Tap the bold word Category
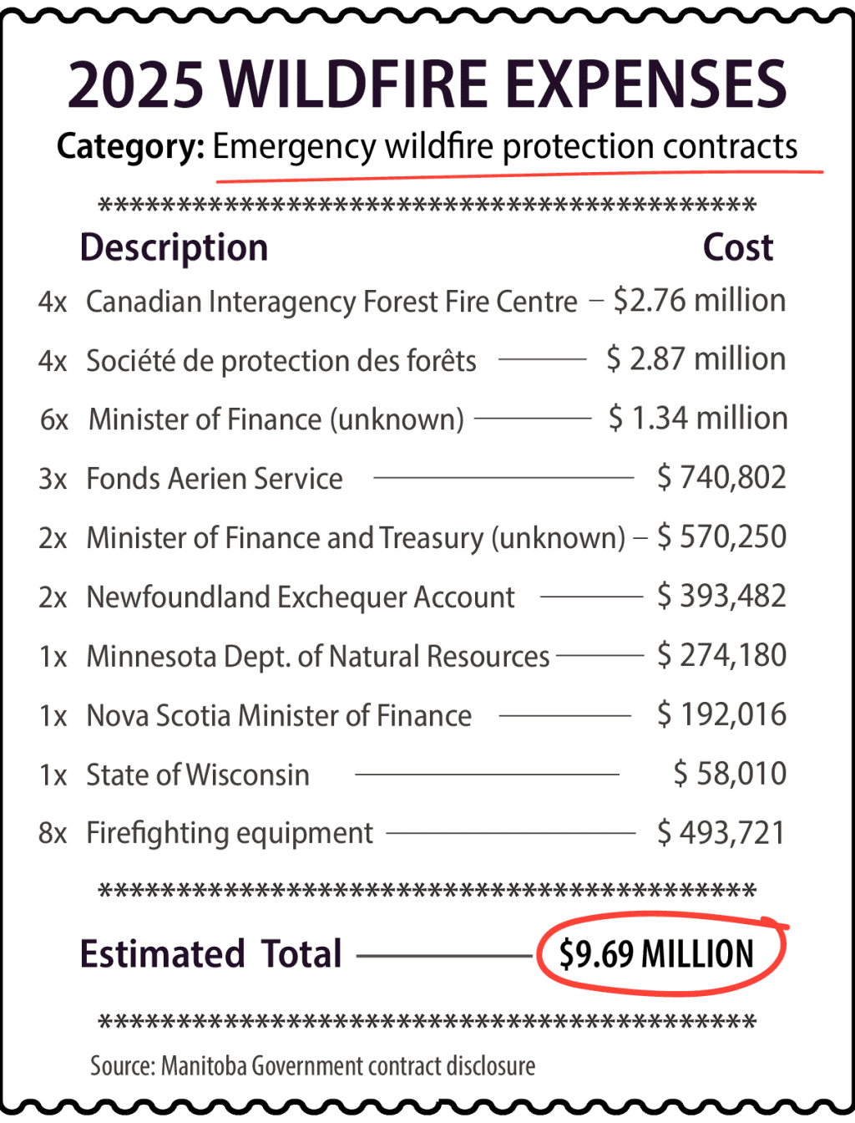coord(130,147)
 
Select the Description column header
coord(174,248)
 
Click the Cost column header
coord(737,248)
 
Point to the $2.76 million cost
coord(699,301)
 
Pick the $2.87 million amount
coord(696,359)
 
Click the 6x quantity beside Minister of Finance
coord(54,419)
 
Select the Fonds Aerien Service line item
coord(215,479)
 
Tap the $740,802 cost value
coord(721,478)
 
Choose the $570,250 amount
coord(721,537)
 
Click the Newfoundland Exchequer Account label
coord(301,597)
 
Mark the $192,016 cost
coord(721,715)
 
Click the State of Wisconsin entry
coord(198,775)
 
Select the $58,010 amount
coord(730,775)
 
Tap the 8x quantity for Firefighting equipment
coord(53,834)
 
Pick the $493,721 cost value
coord(721,834)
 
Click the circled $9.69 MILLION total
coord(657,954)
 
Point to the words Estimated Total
coord(210,954)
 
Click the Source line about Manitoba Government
coord(312,1066)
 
